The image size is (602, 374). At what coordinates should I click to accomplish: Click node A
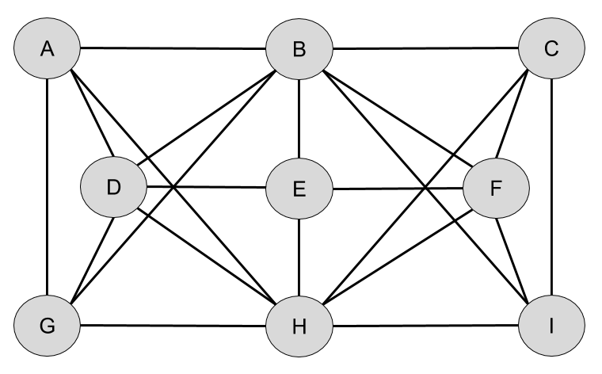pyautogui.click(x=47, y=49)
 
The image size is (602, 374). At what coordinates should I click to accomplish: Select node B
pyautogui.click(x=299, y=49)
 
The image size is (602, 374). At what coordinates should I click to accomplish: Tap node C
pyautogui.click(x=551, y=49)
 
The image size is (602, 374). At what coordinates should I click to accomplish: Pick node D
pyautogui.click(x=113, y=188)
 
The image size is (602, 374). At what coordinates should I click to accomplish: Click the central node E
pyautogui.click(x=299, y=189)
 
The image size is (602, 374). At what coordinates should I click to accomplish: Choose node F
pyautogui.click(x=495, y=188)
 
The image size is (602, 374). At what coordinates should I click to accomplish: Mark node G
pyautogui.click(x=47, y=326)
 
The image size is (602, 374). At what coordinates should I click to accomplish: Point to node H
pyautogui.click(x=299, y=326)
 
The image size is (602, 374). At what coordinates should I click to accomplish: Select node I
pyautogui.click(x=551, y=326)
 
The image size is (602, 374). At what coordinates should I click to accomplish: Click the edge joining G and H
pyautogui.click(x=173, y=326)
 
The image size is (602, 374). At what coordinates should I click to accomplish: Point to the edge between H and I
pyautogui.click(x=425, y=326)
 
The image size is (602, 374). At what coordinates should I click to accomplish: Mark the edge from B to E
pyautogui.click(x=299, y=119)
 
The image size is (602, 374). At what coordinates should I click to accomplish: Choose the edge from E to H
pyautogui.click(x=299, y=257)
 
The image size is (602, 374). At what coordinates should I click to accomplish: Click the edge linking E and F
pyautogui.click(x=397, y=189)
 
